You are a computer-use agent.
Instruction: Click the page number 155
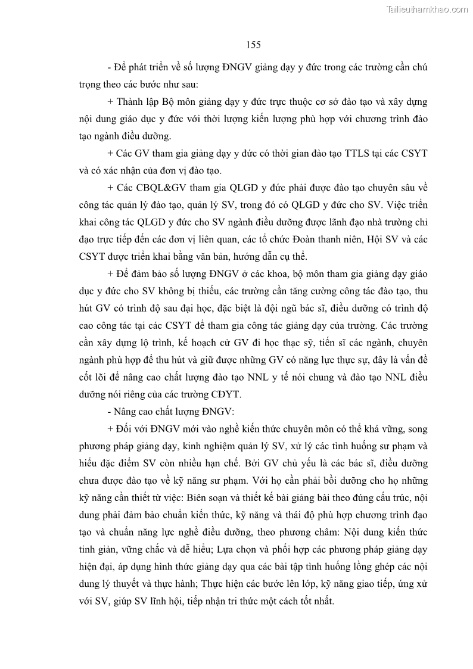253,45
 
